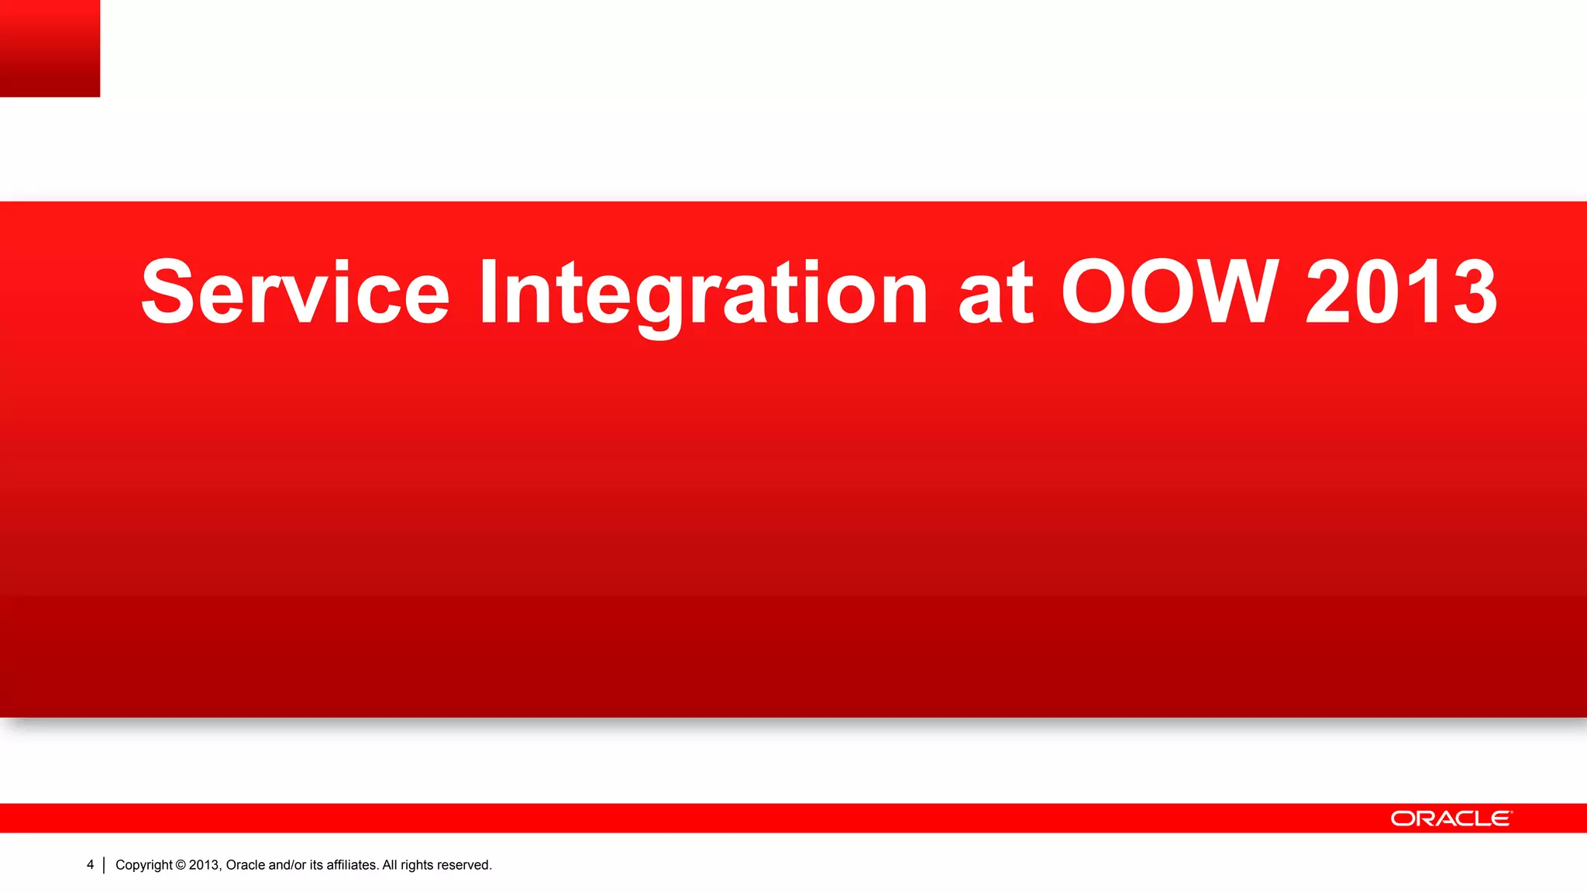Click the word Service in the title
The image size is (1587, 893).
tap(294, 292)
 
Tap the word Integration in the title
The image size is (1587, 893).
tap(703, 292)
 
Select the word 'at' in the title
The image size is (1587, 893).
tap(995, 292)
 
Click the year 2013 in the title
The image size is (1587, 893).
tap(1401, 292)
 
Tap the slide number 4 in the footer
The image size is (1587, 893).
tap(90, 864)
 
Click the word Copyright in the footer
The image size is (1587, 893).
tap(143, 865)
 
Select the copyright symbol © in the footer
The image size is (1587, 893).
tap(181, 865)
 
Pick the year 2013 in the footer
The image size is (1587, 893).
tap(205, 865)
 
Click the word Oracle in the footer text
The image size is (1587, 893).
tap(245, 865)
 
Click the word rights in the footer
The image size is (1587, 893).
tap(418, 865)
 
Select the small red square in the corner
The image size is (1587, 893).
tap(50, 48)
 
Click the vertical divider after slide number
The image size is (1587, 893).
tap(104, 865)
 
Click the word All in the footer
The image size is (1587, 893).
tap(390, 865)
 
